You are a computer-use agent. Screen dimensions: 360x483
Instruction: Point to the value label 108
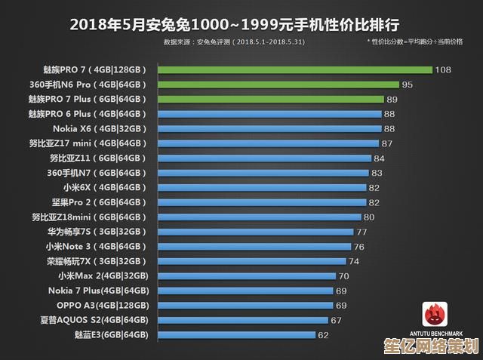pyautogui.click(x=443, y=69)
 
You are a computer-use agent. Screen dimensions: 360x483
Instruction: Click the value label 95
pyautogui.click(x=407, y=85)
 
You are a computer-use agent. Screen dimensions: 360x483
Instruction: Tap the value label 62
pyautogui.click(x=323, y=334)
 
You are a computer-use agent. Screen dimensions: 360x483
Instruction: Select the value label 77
pyautogui.click(x=361, y=232)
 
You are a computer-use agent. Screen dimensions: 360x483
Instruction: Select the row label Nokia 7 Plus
pyautogui.click(x=99, y=291)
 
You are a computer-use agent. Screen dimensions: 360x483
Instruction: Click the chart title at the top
pyautogui.click(x=241, y=23)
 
